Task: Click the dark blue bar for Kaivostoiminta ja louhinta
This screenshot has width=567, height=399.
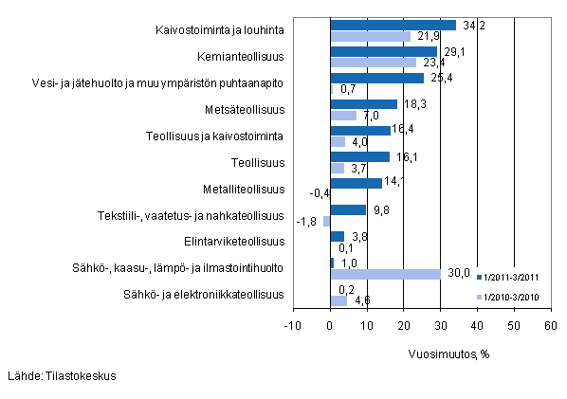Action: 393,25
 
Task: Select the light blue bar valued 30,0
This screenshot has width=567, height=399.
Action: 385,274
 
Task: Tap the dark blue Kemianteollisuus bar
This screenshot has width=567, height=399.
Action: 383,51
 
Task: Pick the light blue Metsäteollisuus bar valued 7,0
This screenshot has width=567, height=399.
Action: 343,116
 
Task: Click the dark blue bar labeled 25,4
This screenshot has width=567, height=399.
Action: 376,78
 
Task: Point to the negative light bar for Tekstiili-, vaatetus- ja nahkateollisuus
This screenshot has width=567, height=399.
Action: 326,221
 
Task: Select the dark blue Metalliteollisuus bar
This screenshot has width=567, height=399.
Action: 356,183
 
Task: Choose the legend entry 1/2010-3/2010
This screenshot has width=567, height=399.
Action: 512,297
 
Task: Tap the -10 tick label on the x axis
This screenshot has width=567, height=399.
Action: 293,326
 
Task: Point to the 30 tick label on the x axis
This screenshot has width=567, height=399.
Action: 440,326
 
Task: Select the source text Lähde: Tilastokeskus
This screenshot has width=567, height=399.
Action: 62,375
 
